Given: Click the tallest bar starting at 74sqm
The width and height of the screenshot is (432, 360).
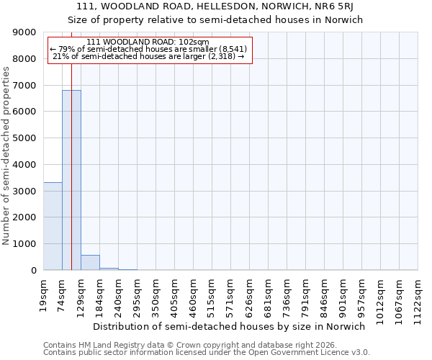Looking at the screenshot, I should pyautogui.click(x=71, y=180).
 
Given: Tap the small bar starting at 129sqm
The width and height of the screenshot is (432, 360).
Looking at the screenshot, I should pyautogui.click(x=90, y=263).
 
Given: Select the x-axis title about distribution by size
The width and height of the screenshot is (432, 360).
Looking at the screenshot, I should pyautogui.click(x=230, y=326).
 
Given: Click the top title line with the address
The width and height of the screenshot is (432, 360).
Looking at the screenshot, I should pyautogui.click(x=215, y=6).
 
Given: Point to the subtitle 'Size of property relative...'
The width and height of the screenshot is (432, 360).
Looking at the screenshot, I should pyautogui.click(x=215, y=19).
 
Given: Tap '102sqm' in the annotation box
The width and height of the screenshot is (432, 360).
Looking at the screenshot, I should pyautogui.click(x=194, y=42).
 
